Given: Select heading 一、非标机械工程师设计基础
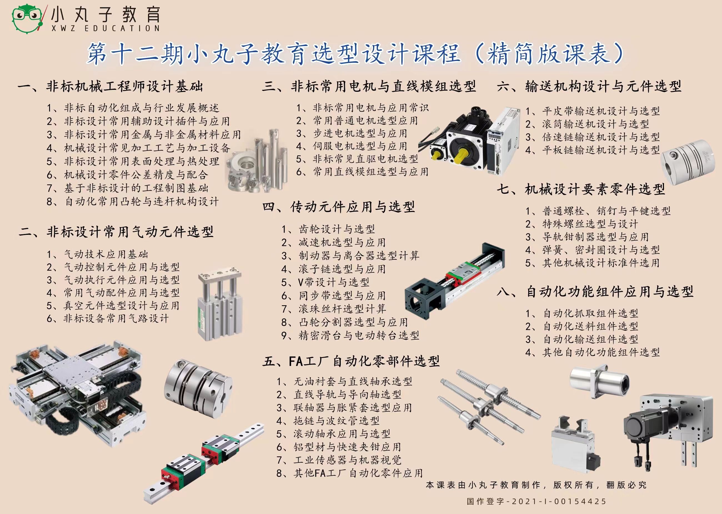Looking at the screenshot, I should [x=110, y=86].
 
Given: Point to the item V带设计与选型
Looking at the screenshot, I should [x=325, y=282].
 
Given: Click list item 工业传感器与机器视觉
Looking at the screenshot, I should [x=339, y=460].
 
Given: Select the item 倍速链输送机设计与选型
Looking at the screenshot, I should [x=592, y=137].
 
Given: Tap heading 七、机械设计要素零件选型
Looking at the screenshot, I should [x=581, y=189].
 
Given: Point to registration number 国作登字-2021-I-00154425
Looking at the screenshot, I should [x=536, y=502].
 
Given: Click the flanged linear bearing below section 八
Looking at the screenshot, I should [x=599, y=381].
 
